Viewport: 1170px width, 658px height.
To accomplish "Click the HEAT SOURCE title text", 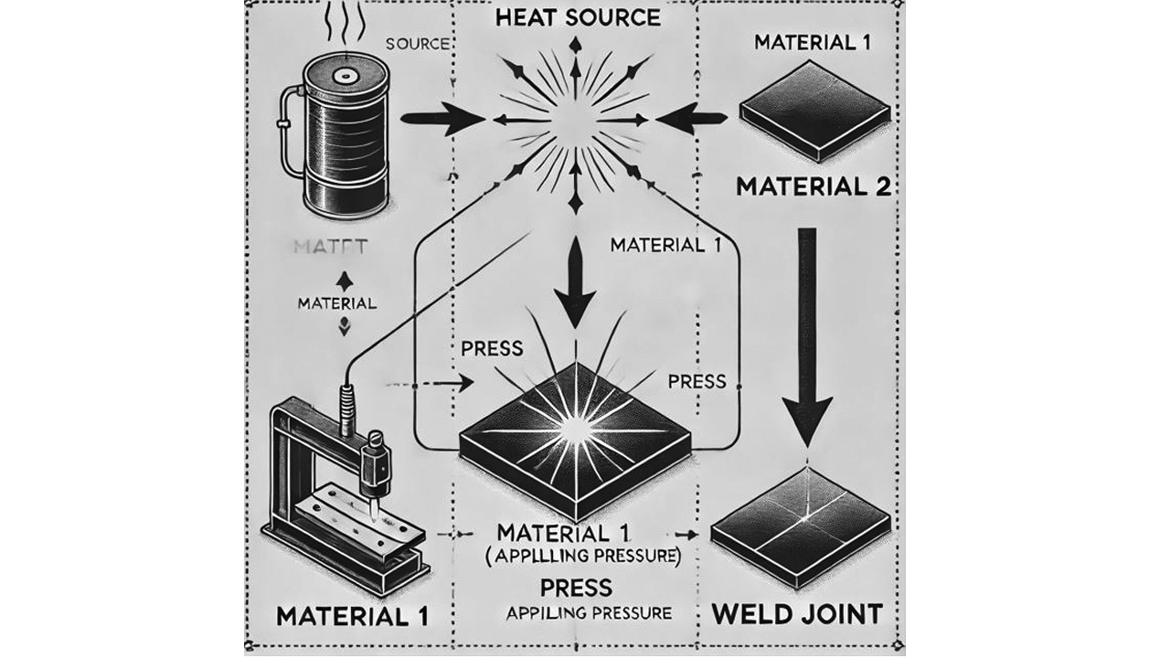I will [x=575, y=16].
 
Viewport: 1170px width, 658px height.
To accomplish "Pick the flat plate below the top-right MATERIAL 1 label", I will [x=814, y=117].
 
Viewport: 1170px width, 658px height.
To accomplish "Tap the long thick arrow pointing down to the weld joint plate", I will [x=808, y=338].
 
